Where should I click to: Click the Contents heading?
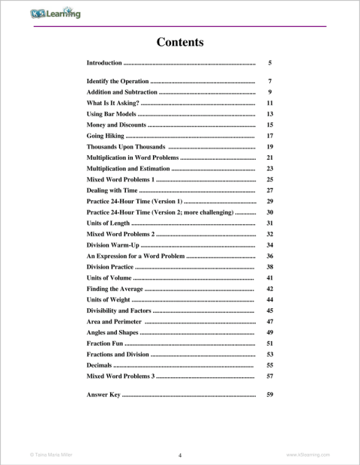coord(180,42)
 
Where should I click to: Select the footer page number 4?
coord(180,455)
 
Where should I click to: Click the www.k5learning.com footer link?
coord(308,454)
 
